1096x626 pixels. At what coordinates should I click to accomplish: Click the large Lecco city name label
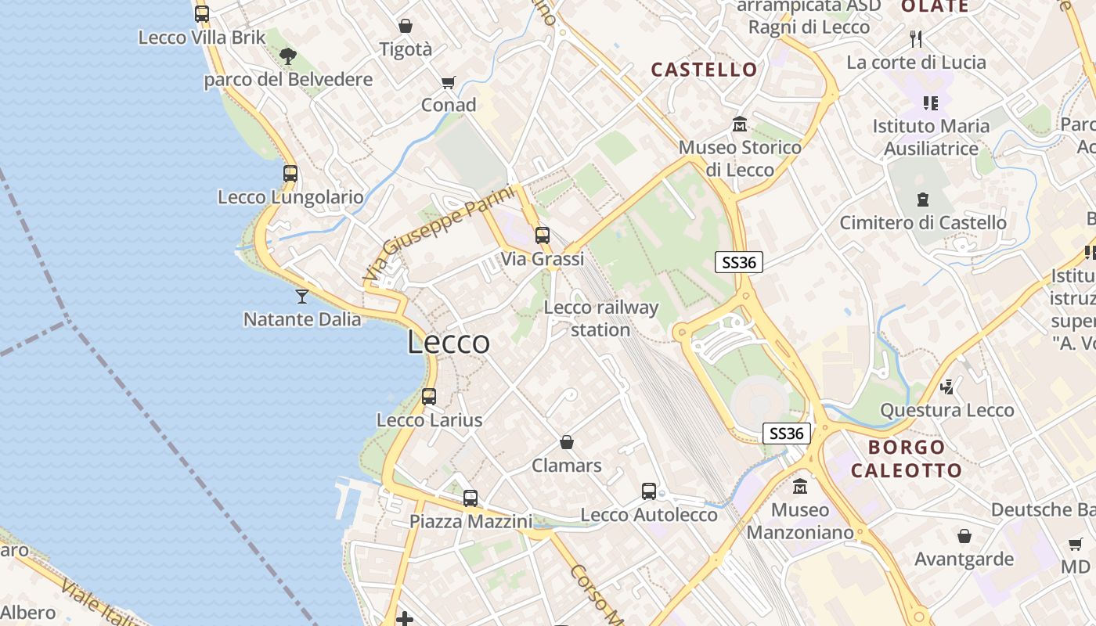click(x=449, y=343)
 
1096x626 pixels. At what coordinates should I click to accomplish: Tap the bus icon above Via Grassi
click(x=543, y=235)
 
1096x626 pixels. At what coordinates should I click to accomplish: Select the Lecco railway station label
click(x=600, y=318)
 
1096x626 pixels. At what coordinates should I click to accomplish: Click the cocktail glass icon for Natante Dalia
click(x=301, y=296)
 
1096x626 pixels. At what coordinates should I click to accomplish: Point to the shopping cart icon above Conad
click(x=449, y=82)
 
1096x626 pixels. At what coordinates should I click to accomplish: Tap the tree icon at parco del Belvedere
click(x=288, y=56)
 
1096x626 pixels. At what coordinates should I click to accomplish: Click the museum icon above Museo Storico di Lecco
click(x=740, y=124)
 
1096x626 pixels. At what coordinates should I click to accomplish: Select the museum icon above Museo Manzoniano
click(x=800, y=487)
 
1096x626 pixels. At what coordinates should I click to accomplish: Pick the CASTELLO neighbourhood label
click(x=705, y=70)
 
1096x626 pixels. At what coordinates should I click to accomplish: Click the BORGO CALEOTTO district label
click(x=907, y=459)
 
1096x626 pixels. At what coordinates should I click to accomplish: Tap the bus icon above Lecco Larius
click(x=429, y=396)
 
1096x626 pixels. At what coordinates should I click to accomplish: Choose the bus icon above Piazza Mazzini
click(x=470, y=498)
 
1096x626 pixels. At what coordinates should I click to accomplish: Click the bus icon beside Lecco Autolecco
click(x=649, y=491)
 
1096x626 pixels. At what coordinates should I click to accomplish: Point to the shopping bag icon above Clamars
click(x=567, y=442)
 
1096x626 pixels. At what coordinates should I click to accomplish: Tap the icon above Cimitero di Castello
click(x=923, y=200)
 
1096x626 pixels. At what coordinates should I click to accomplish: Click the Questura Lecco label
click(x=946, y=410)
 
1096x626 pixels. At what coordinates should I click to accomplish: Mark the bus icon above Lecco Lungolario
click(x=290, y=174)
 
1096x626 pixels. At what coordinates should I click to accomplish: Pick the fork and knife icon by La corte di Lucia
click(x=916, y=38)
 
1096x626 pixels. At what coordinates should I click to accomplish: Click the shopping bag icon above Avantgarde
click(x=964, y=536)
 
